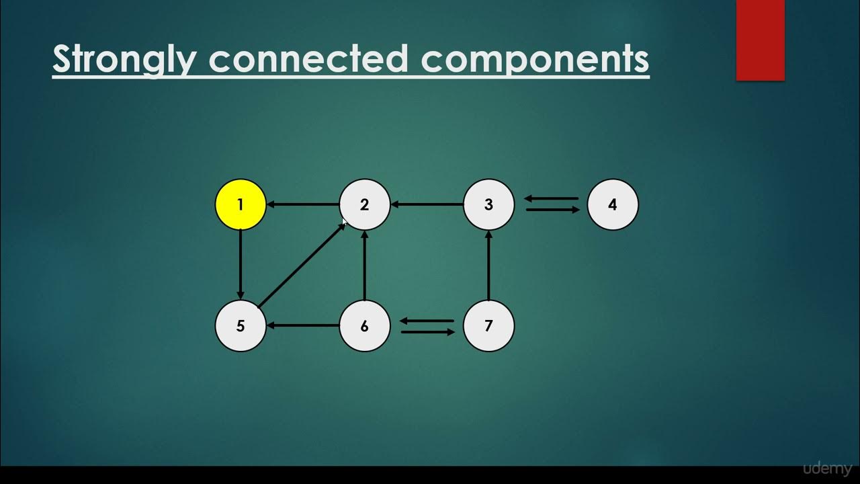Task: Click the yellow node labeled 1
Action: (241, 204)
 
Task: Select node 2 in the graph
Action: (365, 204)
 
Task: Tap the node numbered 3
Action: (488, 204)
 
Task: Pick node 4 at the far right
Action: (613, 204)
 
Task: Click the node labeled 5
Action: (241, 326)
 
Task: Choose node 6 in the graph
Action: (365, 326)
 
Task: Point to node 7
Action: (488, 326)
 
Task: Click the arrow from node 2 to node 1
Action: (303, 204)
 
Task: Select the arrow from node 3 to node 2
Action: (427, 204)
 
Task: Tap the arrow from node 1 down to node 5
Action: (241, 265)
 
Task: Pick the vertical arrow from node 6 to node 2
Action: (365, 265)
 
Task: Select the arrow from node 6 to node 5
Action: (303, 326)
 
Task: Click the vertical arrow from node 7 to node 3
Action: (488, 265)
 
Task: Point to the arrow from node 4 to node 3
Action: (551, 198)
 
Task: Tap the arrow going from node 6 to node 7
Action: (427, 331)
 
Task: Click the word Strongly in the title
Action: (124, 59)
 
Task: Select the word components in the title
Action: (535, 59)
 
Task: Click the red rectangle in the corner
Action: (760, 40)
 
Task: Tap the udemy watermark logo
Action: (826, 469)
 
